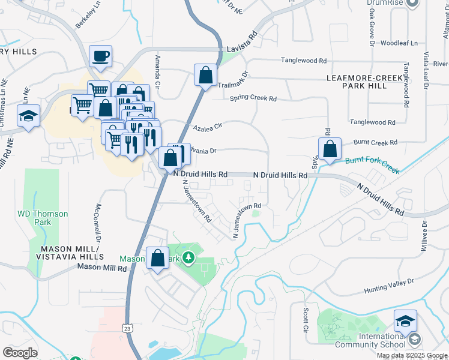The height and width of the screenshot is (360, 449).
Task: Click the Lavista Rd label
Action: coord(242,51)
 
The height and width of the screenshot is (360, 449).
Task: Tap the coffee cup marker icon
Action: coord(100,56)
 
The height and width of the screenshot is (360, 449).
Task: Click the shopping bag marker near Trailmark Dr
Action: coord(205,76)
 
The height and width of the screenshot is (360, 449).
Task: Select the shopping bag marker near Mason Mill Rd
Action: coord(157,259)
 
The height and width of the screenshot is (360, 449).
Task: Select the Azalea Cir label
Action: coord(208,127)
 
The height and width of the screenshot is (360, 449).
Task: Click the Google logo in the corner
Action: coord(20,353)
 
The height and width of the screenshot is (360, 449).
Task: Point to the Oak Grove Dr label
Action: coord(372,30)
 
